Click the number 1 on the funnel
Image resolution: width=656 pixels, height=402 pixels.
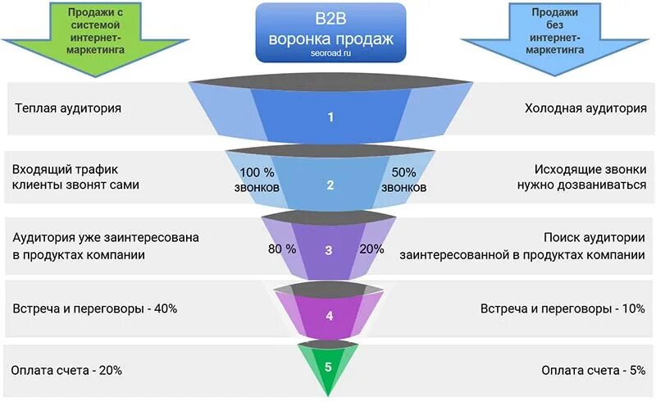[330, 117]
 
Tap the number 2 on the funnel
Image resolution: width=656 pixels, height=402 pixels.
[330, 185]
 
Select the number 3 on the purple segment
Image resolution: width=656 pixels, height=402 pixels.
[328, 250]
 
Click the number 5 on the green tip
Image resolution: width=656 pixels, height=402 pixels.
[328, 367]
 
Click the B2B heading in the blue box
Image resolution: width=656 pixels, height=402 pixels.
[330, 19]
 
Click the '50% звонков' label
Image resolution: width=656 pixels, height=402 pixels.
[404, 180]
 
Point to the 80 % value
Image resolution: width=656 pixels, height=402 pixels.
[281, 249]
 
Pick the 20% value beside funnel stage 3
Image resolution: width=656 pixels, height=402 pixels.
[371, 249]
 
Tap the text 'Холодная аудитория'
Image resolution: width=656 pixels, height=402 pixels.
[585, 108]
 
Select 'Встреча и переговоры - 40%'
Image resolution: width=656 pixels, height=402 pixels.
[94, 308]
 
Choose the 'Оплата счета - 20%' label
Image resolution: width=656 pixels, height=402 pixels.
[66, 370]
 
